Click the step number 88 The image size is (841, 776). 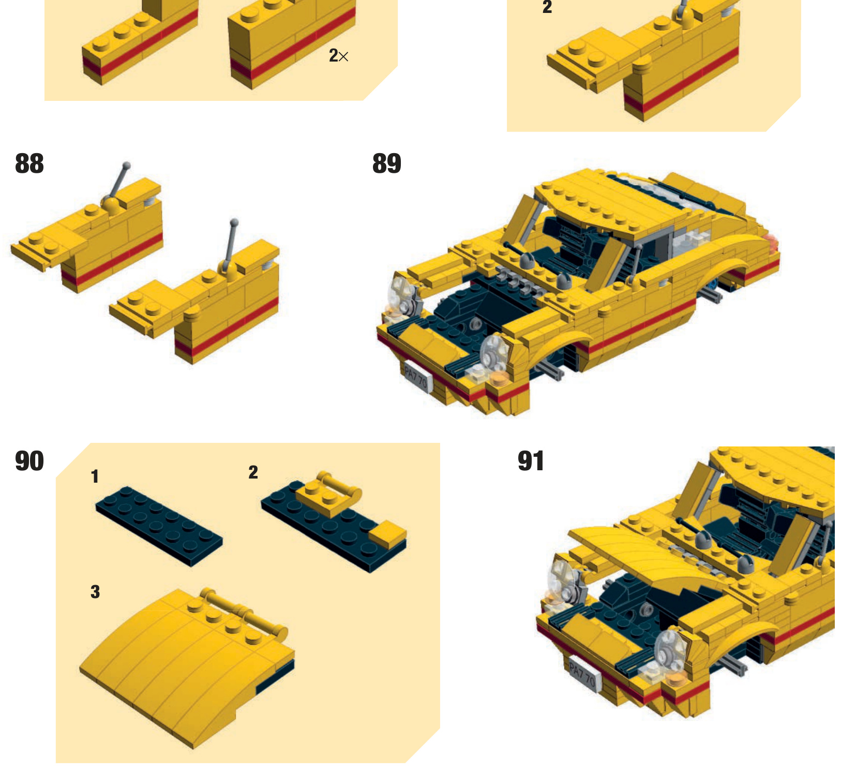point(29,163)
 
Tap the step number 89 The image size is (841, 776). point(387,163)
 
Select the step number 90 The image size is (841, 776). point(29,461)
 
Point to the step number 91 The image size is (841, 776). point(531,461)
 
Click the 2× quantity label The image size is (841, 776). point(339,55)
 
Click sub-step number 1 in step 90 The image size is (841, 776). point(95,476)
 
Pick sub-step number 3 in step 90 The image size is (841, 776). point(95,592)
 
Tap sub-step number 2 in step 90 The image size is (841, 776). point(253,472)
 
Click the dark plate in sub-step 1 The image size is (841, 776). point(159,526)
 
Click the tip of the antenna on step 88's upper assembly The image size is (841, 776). point(126,166)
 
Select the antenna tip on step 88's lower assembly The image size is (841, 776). point(234,222)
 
